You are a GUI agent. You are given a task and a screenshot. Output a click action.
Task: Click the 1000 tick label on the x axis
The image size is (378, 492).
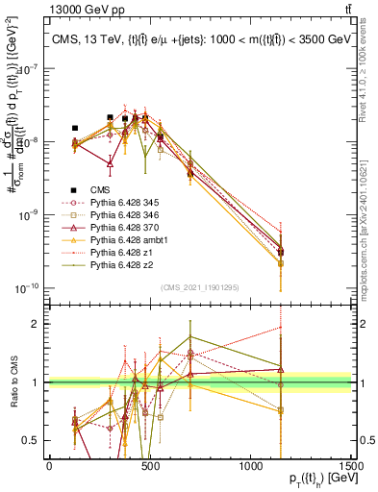251,466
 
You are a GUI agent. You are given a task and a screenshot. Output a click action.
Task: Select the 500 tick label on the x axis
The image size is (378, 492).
150,466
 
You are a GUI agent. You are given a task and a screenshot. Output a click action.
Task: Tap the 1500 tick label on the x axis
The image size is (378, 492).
352,466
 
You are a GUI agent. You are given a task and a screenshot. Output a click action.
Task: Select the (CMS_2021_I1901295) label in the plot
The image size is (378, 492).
200,286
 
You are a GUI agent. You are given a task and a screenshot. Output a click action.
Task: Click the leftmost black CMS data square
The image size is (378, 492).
75,128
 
